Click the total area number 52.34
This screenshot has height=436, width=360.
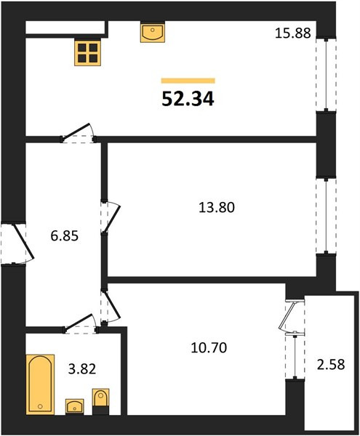click(x=188, y=99)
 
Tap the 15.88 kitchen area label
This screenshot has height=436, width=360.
click(x=292, y=33)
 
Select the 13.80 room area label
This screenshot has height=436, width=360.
click(x=217, y=207)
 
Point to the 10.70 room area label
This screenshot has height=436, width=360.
click(x=209, y=347)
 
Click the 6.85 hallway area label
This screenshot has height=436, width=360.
click(x=65, y=236)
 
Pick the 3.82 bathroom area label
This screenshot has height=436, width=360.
click(x=82, y=369)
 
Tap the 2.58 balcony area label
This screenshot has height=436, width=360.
click(x=331, y=364)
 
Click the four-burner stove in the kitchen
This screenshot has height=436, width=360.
click(x=87, y=53)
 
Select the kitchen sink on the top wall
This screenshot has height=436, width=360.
click(x=153, y=32)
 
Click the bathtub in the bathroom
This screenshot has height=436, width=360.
click(x=40, y=384)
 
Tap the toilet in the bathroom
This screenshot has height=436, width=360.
click(x=100, y=402)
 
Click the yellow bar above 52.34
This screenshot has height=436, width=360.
click(x=188, y=81)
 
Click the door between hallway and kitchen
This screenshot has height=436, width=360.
click(x=77, y=133)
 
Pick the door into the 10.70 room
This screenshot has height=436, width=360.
click(x=111, y=307)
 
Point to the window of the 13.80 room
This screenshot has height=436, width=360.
click(x=326, y=216)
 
